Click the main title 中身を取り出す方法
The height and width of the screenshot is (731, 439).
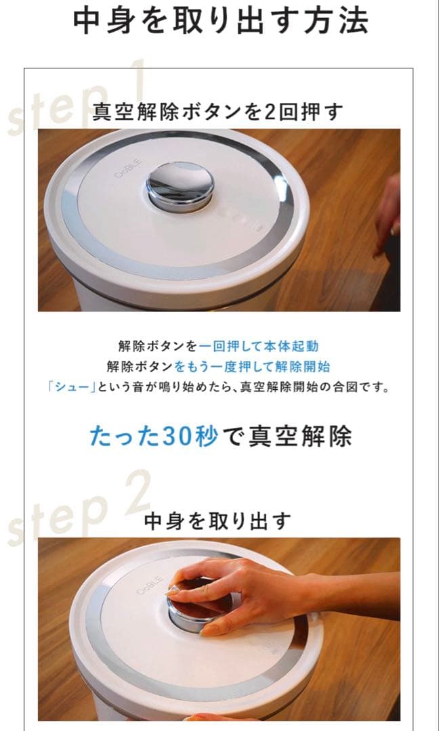[x=220, y=22]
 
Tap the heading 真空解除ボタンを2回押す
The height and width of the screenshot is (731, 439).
[x=218, y=111]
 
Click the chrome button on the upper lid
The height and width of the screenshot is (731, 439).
[x=180, y=185]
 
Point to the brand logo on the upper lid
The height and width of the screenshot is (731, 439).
[x=127, y=171]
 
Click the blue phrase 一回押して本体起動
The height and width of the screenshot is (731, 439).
[x=258, y=347]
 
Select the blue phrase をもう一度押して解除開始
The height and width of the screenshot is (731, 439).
[x=252, y=368]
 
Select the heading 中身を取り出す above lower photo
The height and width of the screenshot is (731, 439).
[x=218, y=520]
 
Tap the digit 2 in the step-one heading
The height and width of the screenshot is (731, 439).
[x=270, y=112]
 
